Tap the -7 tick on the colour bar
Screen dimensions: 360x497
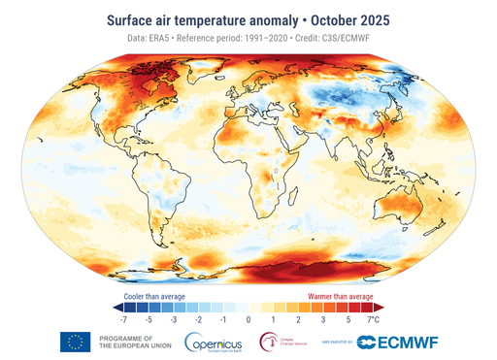(x=123, y=318)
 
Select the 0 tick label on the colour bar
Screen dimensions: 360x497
(x=248, y=318)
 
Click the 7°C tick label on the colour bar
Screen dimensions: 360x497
(x=373, y=318)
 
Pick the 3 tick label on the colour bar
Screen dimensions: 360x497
(x=323, y=318)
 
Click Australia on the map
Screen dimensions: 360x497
(x=408, y=206)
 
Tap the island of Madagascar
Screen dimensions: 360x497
(x=310, y=199)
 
